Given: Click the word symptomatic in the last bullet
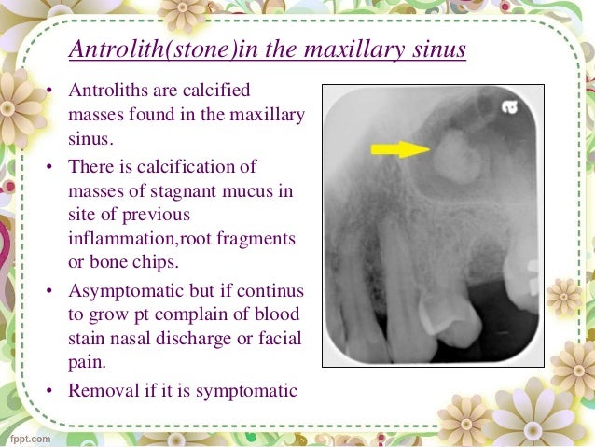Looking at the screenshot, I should (x=251, y=389).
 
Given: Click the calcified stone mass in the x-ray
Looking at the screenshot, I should (x=453, y=153).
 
